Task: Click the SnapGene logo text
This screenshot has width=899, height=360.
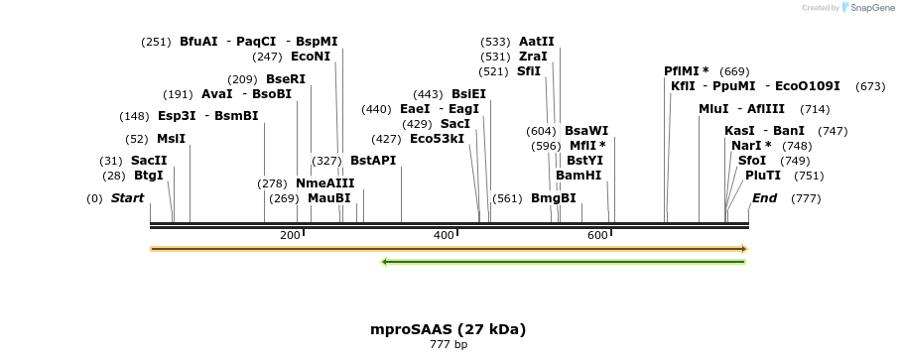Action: [869, 8]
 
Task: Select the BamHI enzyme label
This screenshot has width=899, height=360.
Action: [578, 176]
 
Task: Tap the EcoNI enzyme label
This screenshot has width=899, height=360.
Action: [311, 57]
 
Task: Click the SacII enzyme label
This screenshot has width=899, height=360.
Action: [149, 161]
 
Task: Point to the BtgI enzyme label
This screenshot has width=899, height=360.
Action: [149, 176]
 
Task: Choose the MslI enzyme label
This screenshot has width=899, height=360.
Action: [171, 139]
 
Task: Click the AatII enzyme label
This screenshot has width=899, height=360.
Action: [537, 42]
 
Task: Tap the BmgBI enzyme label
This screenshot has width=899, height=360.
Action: [554, 198]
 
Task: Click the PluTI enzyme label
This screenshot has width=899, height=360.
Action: [763, 176]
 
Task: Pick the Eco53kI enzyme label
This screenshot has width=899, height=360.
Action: [437, 139]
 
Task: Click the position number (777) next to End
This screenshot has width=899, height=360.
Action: [806, 198]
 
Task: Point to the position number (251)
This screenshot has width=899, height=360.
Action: [156, 42]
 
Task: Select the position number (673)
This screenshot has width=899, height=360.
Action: [869, 86]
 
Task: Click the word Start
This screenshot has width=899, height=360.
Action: [127, 198]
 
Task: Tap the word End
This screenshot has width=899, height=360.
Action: [764, 198]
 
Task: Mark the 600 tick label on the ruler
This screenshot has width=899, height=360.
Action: [597, 235]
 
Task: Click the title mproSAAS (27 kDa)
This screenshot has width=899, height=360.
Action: [449, 328]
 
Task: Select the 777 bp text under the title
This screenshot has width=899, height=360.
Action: [449, 345]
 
